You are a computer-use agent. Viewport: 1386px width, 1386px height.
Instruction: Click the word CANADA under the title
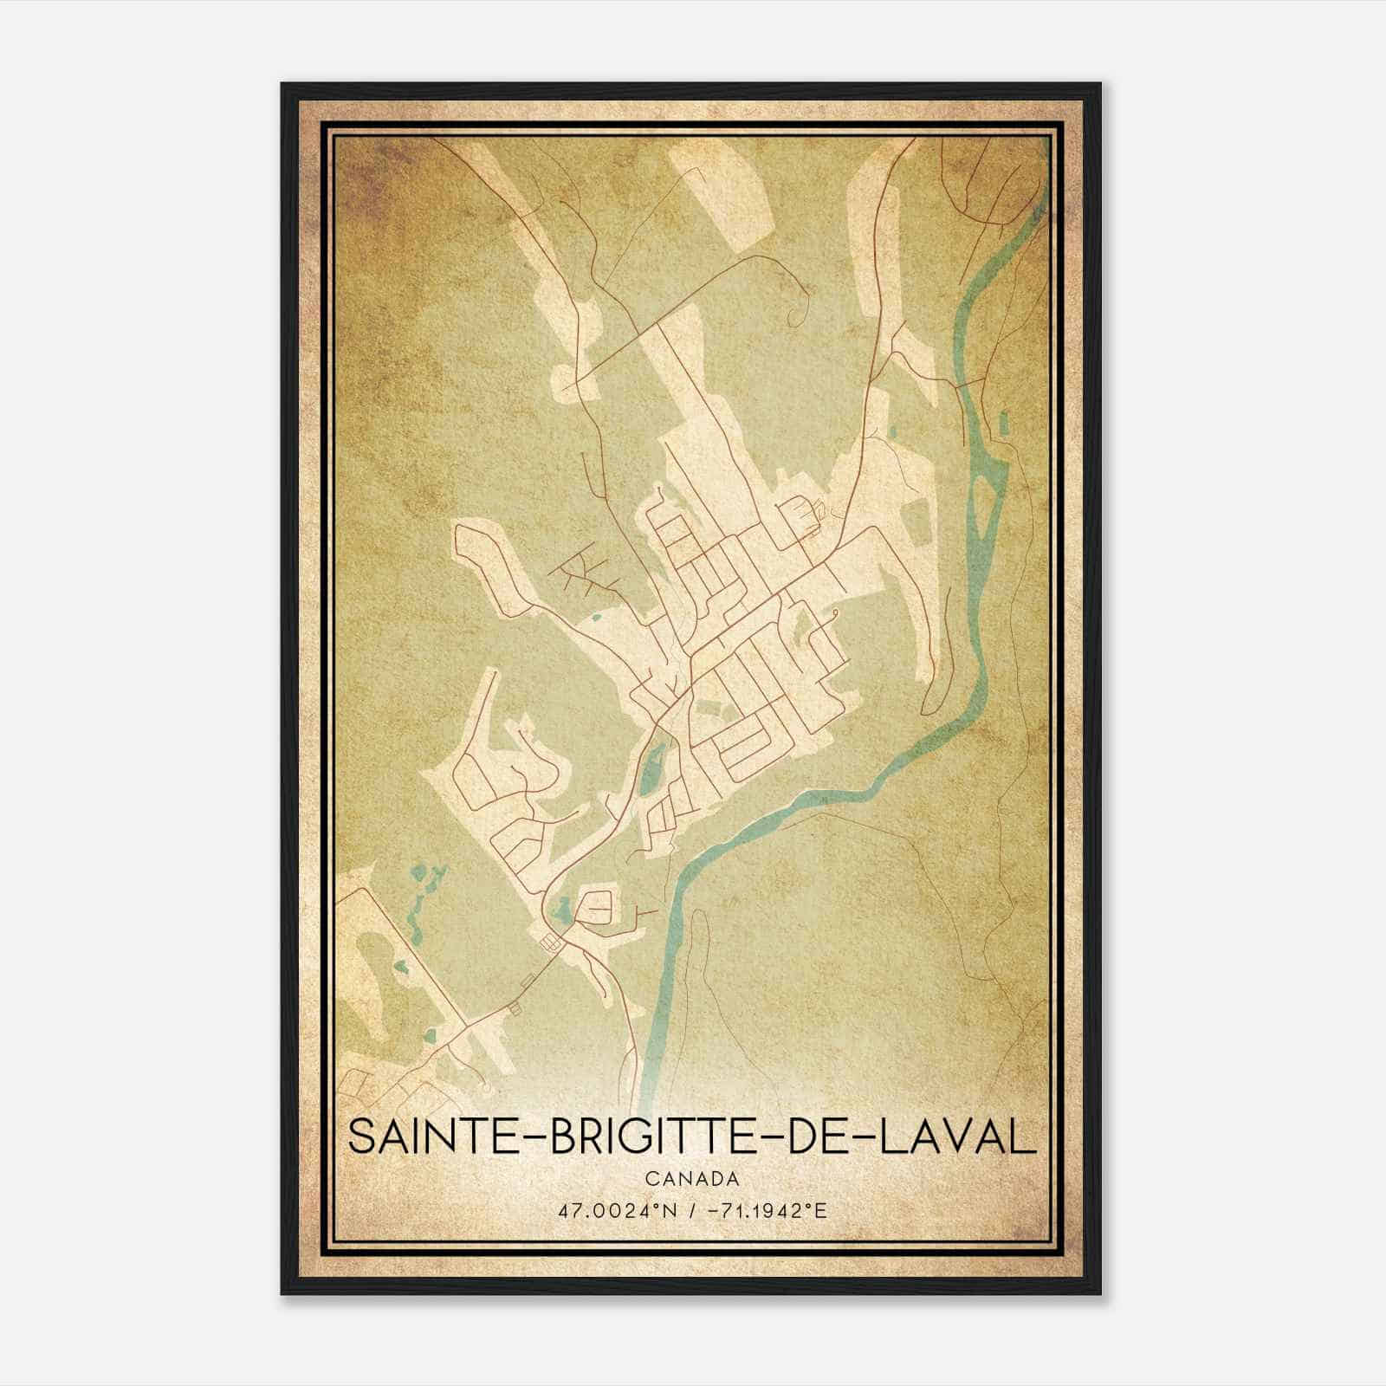point(691,1179)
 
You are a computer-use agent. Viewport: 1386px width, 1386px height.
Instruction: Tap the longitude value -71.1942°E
point(766,1210)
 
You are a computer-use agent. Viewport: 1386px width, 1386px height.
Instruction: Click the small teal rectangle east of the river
point(1004,424)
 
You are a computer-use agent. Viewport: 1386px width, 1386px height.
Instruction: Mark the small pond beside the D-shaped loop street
point(563,910)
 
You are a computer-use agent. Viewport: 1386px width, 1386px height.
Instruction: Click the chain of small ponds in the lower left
point(419,901)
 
